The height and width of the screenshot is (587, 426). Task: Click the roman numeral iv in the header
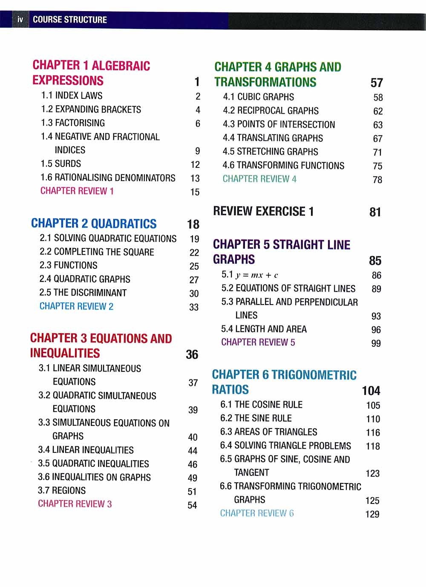tap(20, 20)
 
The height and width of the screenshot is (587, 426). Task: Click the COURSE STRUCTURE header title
tap(70, 20)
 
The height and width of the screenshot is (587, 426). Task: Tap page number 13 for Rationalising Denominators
tap(195, 178)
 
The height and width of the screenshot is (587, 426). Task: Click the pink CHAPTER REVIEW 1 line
tap(77, 191)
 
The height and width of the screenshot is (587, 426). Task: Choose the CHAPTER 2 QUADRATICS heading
tap(94, 224)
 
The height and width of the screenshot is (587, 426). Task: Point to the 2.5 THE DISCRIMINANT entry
tap(83, 293)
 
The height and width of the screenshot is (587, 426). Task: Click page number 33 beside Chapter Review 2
tap(194, 307)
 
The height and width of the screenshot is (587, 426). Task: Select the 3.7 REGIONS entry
tap(62, 490)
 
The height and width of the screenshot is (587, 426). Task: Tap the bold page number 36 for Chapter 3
tap(192, 354)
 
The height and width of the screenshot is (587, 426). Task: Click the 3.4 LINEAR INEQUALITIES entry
tap(86, 450)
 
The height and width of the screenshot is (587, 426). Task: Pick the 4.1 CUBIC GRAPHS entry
tap(258, 97)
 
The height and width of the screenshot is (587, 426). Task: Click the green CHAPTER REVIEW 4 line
tap(259, 179)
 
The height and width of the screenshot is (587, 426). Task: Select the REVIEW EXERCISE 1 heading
tap(263, 211)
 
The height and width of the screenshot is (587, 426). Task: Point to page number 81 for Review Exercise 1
tap(375, 212)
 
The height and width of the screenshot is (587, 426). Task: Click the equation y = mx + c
tap(256, 275)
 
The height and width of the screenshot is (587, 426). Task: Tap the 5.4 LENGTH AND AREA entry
tap(264, 329)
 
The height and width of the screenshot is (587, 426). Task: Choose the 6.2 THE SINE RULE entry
tap(256, 418)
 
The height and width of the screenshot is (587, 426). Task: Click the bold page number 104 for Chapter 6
tap(371, 391)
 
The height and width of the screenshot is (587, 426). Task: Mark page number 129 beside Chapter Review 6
tap(372, 514)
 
